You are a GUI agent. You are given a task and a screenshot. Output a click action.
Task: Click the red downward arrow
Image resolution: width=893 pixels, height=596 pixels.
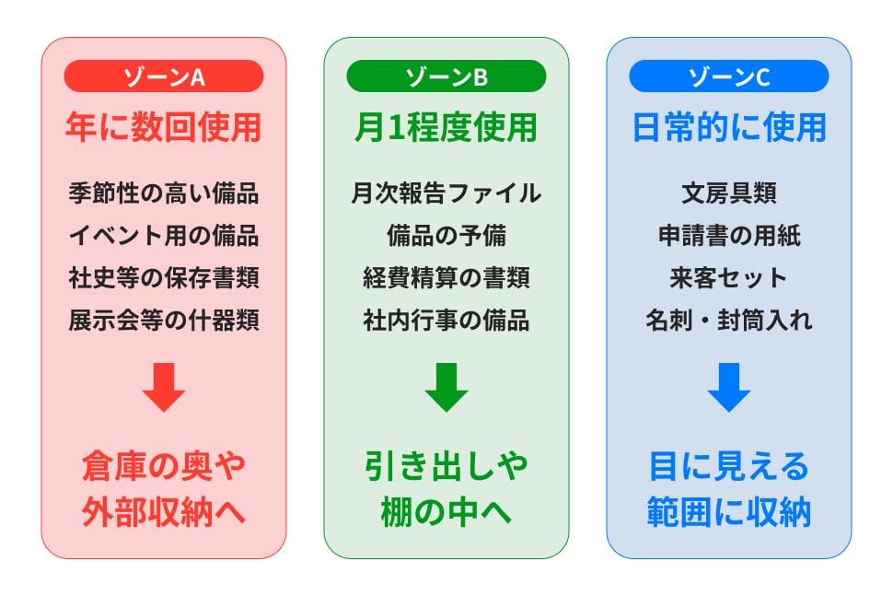coord(164,387)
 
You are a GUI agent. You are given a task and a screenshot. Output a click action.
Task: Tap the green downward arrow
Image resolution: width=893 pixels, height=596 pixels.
coord(446,387)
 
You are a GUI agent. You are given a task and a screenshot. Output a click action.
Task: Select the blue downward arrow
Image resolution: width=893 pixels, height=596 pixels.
coord(729,387)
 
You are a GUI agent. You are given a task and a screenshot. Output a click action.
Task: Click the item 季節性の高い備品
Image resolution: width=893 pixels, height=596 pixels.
coord(164,193)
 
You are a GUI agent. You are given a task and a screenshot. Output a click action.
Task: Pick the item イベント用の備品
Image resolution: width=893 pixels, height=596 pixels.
coord(164,236)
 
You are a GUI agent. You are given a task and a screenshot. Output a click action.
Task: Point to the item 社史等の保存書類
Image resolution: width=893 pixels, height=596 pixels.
coord(164,278)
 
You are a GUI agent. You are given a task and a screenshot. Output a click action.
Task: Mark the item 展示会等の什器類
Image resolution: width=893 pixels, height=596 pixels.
coord(164,321)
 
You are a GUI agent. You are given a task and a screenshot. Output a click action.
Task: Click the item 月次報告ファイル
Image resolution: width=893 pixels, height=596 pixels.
coord(446,193)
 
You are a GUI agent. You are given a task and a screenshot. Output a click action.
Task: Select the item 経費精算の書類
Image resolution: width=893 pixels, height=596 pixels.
coord(446,278)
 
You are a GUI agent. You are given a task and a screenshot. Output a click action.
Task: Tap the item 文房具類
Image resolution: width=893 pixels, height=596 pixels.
coord(729,193)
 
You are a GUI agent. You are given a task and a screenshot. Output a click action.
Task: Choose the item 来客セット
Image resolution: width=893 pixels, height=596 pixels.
coord(729,278)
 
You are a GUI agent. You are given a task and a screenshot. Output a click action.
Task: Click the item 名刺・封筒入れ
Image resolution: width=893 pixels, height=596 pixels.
coord(729,321)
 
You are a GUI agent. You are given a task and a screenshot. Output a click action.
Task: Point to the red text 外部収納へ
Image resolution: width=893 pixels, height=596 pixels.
coord(164,513)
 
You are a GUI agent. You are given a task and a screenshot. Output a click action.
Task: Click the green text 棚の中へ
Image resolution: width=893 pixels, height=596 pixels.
coord(446,513)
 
